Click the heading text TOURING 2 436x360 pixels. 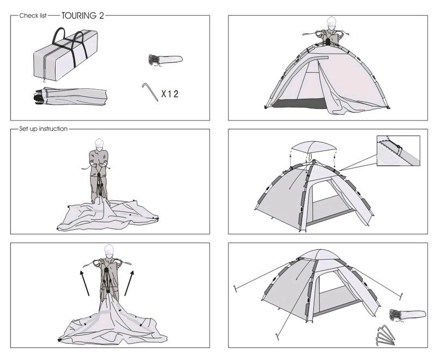tap(83, 16)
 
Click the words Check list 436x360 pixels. tap(33, 16)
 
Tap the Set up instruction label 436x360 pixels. tap(44, 129)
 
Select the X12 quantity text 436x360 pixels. tap(169, 94)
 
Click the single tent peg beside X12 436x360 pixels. tap(150, 92)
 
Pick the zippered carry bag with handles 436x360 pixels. tap(65, 55)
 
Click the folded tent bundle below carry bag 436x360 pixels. tap(70, 97)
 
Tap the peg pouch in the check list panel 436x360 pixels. tap(166, 60)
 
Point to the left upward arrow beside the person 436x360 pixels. tap(84, 283)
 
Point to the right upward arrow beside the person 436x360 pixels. tap(129, 283)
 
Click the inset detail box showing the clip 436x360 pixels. tap(398, 151)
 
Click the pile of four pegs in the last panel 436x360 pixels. tap(385, 335)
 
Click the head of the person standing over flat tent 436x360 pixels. tap(99, 144)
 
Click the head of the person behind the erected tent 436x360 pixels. tap(331, 22)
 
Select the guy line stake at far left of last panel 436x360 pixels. tap(235, 289)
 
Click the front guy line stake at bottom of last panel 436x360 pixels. tap(277, 337)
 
